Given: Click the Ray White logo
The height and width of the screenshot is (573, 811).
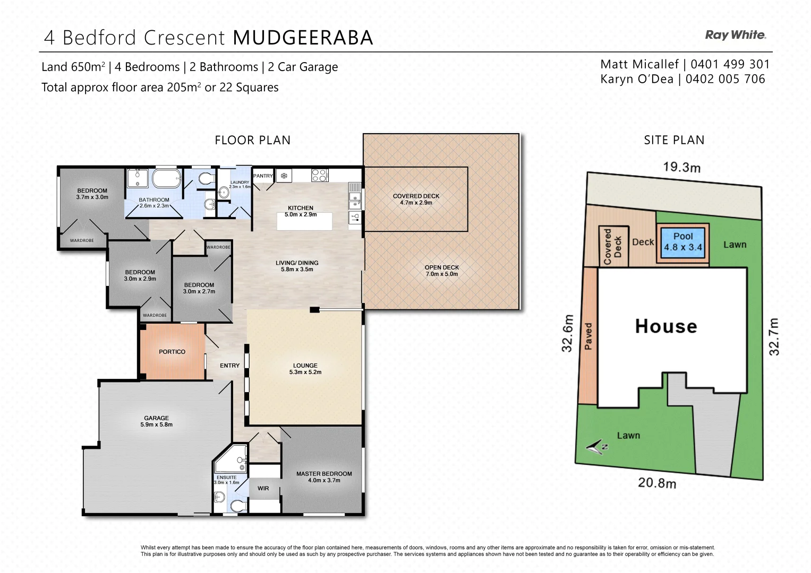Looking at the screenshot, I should tap(735, 35).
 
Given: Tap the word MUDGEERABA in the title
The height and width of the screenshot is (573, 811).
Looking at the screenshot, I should tap(303, 38).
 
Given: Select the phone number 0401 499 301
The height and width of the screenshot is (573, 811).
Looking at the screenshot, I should tap(730, 64).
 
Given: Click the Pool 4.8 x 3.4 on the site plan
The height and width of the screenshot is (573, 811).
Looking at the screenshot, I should tap(682, 242).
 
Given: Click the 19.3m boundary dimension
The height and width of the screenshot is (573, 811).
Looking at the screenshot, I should tap(681, 167).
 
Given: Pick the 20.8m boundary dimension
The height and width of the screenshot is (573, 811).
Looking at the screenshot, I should tap(657, 483).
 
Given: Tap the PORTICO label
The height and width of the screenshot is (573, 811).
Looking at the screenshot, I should tap(172, 352).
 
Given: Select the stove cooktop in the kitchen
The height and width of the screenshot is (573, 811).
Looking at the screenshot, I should tap(319, 175).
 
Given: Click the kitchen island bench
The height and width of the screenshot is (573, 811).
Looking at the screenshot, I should tap(304, 221).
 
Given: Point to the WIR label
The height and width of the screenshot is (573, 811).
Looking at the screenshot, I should tap(263, 489).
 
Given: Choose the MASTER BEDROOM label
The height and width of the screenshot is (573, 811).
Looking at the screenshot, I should tap(324, 474).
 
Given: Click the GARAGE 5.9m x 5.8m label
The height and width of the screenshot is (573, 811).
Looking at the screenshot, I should tap(156, 421).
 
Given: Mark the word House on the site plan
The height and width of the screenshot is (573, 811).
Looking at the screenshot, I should tap(666, 326).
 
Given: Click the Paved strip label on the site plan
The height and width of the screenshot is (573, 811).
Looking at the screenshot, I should tap(588, 336).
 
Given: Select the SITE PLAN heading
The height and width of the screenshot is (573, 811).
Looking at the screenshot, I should tap(674, 140).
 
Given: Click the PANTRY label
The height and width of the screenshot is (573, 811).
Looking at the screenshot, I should tap(263, 176).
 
